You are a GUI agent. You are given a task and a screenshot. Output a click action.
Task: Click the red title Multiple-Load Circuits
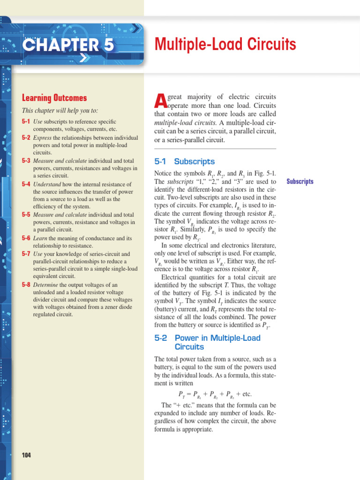pos(225,45)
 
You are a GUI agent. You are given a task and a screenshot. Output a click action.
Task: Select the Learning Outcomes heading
pos(54,98)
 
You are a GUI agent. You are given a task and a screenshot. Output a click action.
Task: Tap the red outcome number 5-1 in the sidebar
pos(26,121)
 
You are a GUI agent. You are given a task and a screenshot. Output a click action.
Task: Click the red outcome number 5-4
pos(26,184)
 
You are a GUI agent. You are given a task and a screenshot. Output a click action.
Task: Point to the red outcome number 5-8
pos(26,285)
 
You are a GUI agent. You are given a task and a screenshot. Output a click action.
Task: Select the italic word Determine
pos(46,285)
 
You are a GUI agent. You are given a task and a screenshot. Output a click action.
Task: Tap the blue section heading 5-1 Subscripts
pos(184,161)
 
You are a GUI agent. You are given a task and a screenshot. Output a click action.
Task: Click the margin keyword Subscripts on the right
pos(300,181)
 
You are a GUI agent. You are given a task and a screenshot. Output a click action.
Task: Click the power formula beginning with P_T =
pos(215,394)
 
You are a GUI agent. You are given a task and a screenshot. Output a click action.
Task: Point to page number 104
pos(27,455)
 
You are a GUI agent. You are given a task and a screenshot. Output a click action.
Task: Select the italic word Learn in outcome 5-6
pos(40,238)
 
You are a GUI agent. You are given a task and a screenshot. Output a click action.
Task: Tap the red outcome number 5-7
pos(26,254)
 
